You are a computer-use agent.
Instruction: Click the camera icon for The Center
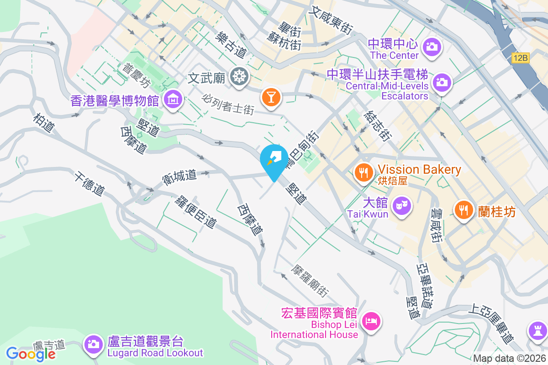(431, 46)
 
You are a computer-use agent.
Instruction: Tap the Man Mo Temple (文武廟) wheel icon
(238, 76)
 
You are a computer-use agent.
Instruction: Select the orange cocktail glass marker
(271, 97)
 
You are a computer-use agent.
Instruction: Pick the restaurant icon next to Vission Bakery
(364, 172)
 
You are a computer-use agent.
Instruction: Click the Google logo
(31, 354)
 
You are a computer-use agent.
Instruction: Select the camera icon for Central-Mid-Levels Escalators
(441, 82)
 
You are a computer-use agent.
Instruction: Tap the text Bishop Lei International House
(314, 329)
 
